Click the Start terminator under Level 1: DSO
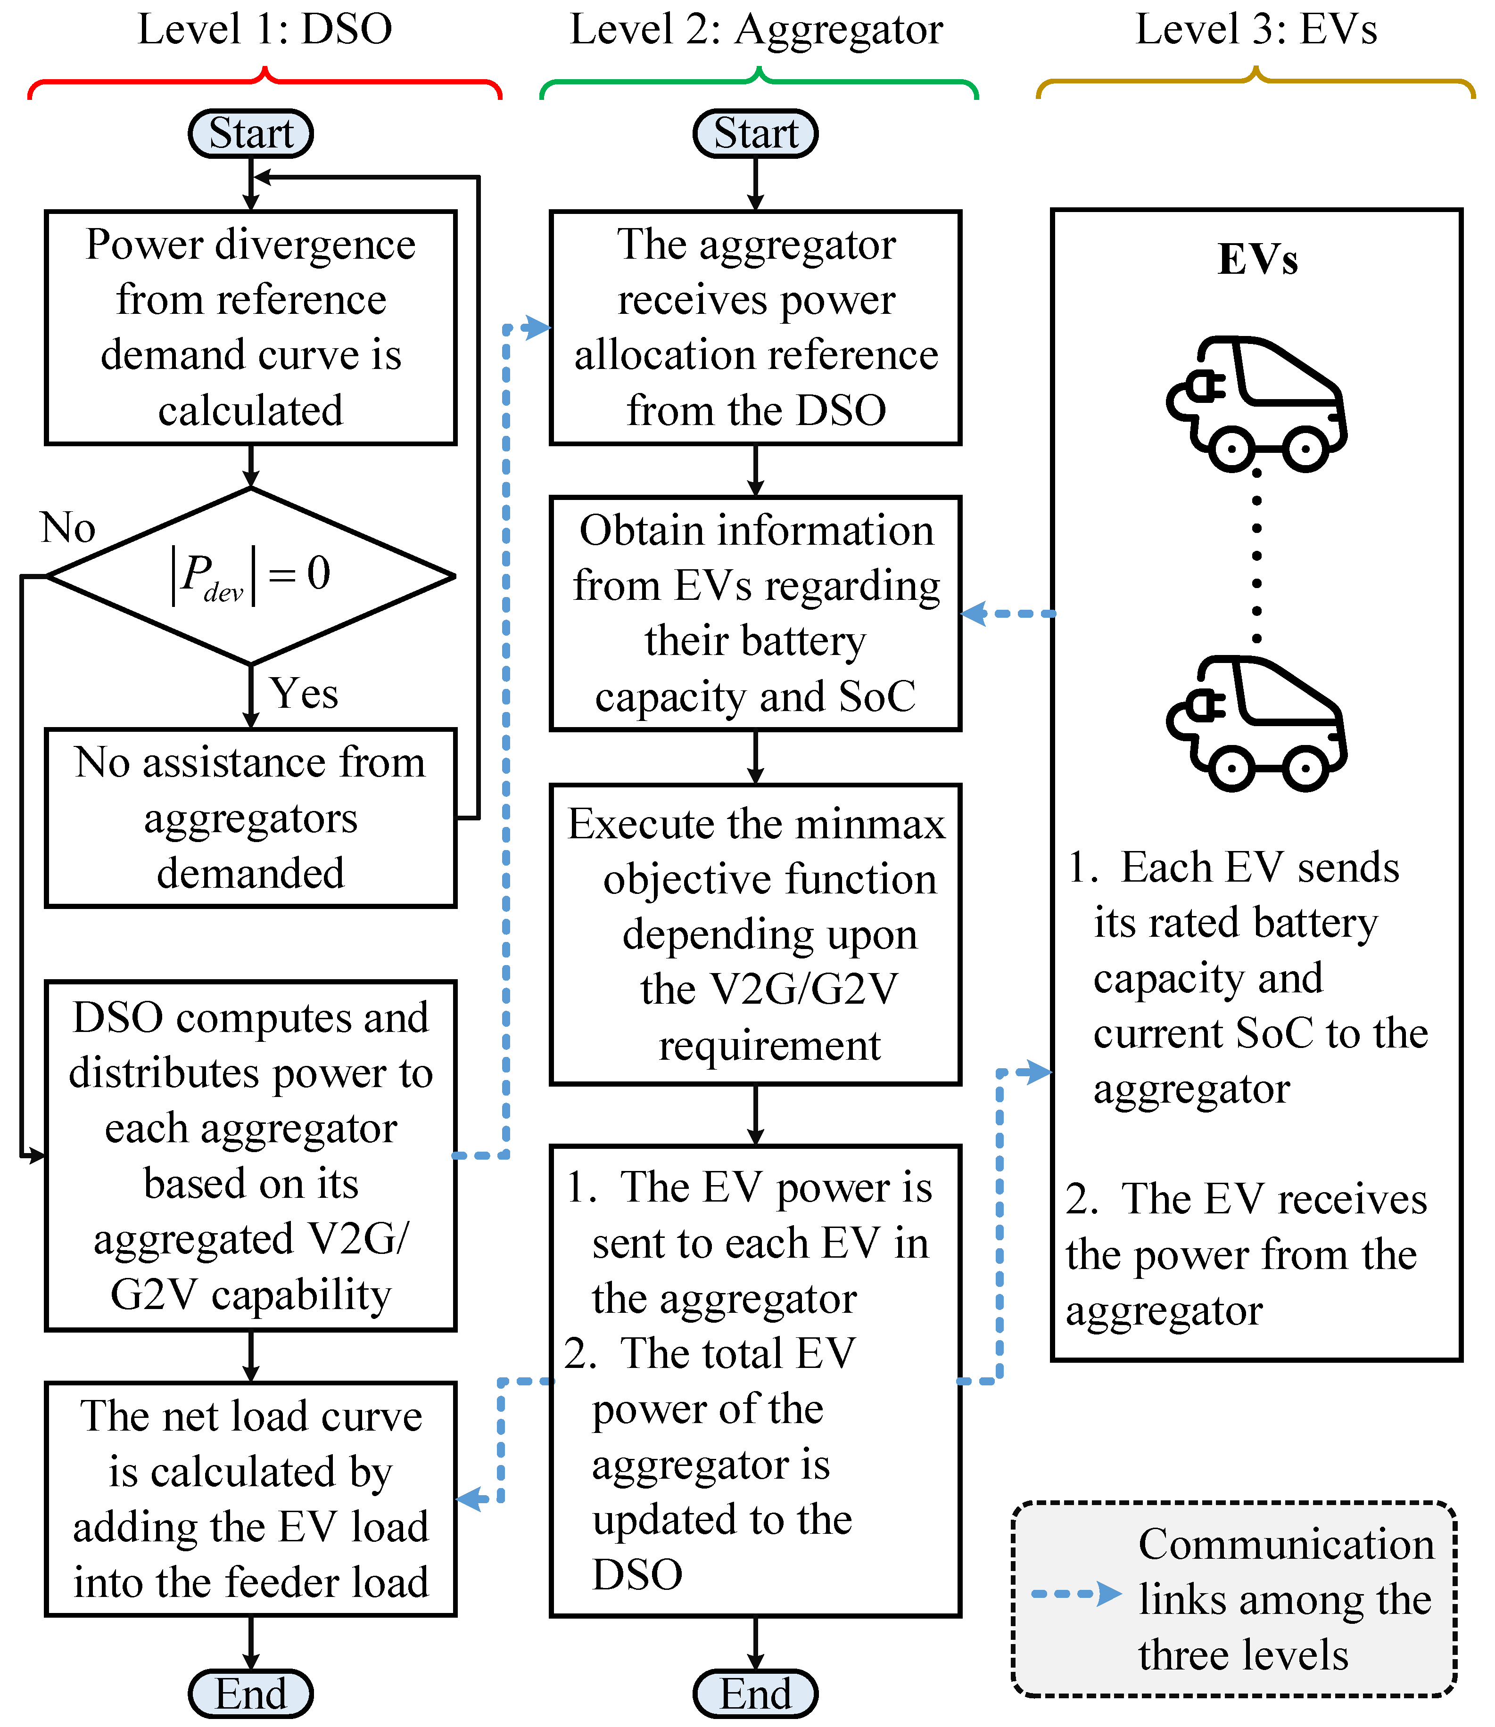click(x=250, y=133)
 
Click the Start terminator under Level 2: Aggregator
click(x=755, y=133)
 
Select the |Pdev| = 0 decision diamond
click(x=250, y=575)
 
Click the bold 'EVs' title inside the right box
click(x=1257, y=259)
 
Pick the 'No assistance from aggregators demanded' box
click(x=250, y=817)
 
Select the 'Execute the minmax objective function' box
click(x=755, y=934)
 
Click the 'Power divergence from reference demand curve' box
click(x=250, y=327)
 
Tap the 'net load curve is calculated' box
click(x=250, y=1498)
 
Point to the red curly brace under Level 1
click(x=264, y=83)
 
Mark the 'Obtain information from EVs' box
click(x=755, y=613)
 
